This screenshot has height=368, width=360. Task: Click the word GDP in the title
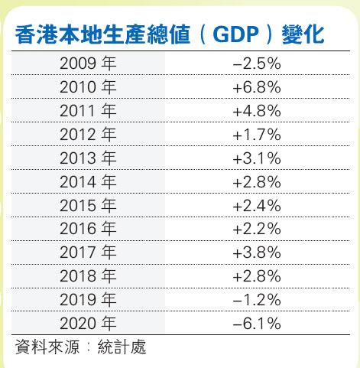(x=235, y=34)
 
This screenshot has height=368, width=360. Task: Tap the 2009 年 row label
(x=88, y=64)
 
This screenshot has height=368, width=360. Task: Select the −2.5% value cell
(x=257, y=64)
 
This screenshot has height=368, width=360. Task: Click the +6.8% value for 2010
(x=257, y=87)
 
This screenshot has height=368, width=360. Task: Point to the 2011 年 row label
(x=88, y=111)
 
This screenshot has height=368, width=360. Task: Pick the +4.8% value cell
(x=257, y=111)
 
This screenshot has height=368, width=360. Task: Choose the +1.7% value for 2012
(x=257, y=135)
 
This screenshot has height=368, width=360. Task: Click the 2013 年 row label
(x=88, y=158)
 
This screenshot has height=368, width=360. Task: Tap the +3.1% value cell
(x=257, y=158)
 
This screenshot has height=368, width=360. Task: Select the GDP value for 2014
(x=257, y=182)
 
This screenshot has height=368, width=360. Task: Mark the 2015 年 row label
(x=88, y=205)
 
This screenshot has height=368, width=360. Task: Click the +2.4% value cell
(x=257, y=206)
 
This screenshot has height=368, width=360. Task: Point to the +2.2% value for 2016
(x=257, y=229)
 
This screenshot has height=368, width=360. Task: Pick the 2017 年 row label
(x=88, y=252)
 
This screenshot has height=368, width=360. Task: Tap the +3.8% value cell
(x=257, y=252)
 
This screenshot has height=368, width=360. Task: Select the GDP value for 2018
(x=257, y=276)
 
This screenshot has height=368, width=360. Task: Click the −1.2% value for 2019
(x=257, y=300)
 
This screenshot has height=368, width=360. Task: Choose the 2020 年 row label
(x=88, y=323)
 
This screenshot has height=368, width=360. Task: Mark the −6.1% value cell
(x=257, y=324)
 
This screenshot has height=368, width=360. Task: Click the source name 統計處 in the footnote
(x=122, y=347)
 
